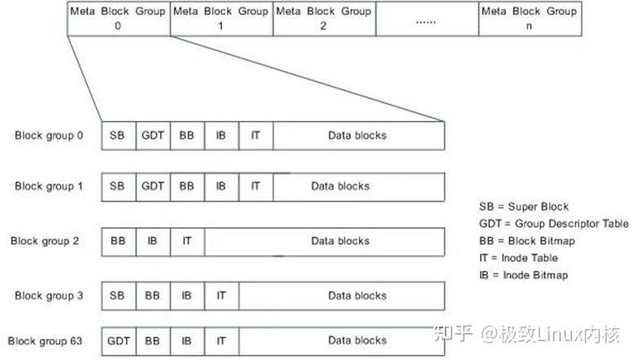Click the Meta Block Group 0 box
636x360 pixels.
[118, 18]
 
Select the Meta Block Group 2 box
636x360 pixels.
[323, 18]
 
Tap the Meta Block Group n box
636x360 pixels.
[529, 18]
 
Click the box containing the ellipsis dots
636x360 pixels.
[426, 18]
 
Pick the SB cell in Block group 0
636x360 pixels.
[118, 135]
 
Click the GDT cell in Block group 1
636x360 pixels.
[153, 186]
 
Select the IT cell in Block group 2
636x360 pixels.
[187, 241]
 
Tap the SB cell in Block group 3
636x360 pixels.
[118, 296]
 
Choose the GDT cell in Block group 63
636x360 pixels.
[118, 340]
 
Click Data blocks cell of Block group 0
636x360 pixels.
[358, 135]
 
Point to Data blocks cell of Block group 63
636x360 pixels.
[358, 340]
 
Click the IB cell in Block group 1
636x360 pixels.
[221, 186]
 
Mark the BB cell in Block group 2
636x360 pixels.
[118, 241]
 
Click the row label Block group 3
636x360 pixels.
[49, 296]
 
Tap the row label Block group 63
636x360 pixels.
[46, 340]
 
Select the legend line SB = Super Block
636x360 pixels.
[523, 207]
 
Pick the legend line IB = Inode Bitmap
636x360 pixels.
[524, 275]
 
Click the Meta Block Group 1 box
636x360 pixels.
[221, 18]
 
